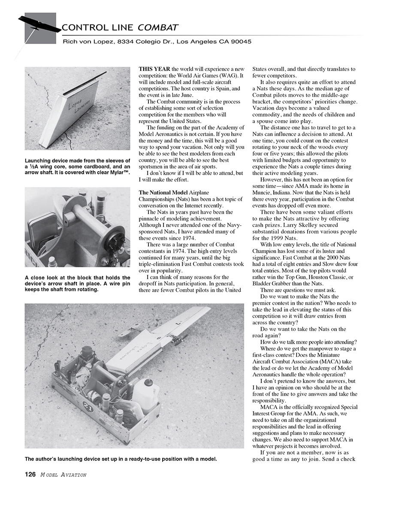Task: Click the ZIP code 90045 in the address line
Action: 242,42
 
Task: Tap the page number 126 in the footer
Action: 30,474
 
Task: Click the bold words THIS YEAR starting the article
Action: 154,69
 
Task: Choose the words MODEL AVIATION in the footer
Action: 63,475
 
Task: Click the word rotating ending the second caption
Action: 87,289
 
